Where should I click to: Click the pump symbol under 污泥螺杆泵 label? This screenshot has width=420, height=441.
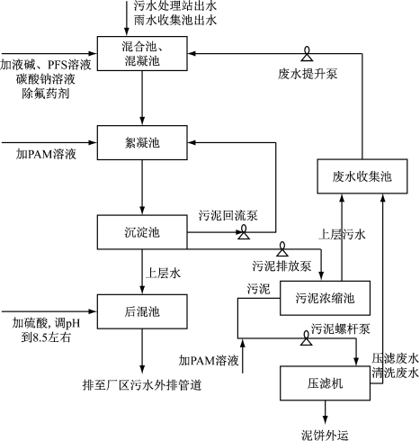[x=305, y=341]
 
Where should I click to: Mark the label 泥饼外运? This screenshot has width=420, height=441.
[x=326, y=434]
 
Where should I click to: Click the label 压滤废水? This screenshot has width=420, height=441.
[x=396, y=357]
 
